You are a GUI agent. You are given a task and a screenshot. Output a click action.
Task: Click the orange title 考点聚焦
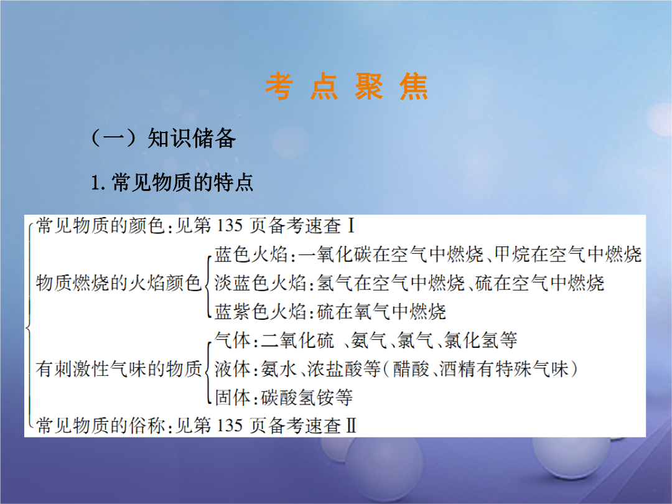[347, 86]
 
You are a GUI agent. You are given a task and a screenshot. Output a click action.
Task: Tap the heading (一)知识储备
[163, 138]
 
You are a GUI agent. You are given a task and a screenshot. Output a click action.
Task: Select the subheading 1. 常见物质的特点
[172, 182]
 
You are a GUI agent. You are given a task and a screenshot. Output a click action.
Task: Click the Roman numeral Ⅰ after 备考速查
[351, 226]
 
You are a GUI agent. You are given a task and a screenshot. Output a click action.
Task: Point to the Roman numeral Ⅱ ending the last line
[351, 426]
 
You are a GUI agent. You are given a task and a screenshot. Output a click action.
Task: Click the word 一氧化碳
[335, 254]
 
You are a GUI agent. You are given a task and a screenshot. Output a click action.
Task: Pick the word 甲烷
[513, 254]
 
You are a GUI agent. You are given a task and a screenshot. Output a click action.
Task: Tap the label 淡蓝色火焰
[260, 283]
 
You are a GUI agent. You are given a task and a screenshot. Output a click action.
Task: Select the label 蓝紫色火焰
[260, 312]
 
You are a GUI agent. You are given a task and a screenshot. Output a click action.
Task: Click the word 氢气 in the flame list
[335, 283]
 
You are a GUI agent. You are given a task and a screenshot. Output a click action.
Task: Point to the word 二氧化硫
[297, 340]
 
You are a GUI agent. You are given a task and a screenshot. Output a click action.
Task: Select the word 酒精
[458, 369]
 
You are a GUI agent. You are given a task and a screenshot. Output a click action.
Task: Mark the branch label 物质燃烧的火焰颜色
[119, 283]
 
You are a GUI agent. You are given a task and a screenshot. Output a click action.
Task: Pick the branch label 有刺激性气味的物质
[119, 369]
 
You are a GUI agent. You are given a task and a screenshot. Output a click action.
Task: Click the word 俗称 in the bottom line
[147, 426]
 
